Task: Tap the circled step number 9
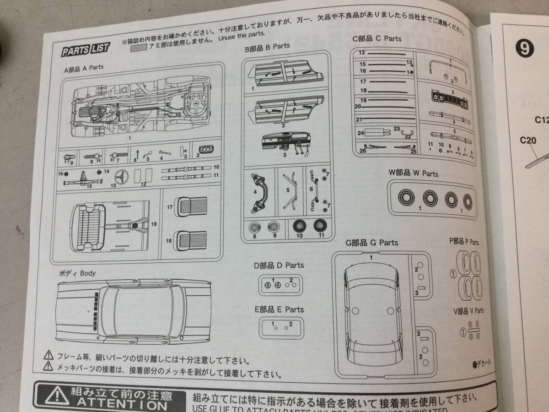point(523,48)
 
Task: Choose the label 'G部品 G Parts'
point(372,242)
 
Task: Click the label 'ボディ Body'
point(77,273)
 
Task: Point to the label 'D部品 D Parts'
point(279,265)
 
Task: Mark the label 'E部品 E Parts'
point(279,309)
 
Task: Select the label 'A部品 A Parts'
point(84,67)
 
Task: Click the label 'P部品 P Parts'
point(464,242)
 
